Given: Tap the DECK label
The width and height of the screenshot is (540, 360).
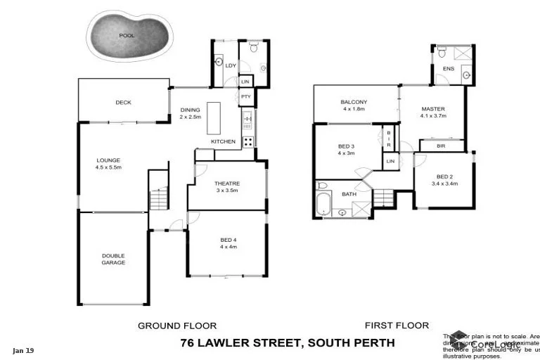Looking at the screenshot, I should pos(123,103).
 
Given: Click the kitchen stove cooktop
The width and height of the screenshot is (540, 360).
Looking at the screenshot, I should pos(248,141).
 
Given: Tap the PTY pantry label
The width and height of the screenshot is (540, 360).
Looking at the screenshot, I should pos(245,96).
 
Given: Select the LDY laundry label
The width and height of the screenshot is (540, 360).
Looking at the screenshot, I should pos(231,65).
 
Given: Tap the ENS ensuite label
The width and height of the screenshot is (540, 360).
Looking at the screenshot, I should pos(448,69).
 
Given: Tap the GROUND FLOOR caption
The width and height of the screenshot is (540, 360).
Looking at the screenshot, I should pos(176,326).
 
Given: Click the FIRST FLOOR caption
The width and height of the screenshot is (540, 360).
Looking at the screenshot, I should pos(397,326).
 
